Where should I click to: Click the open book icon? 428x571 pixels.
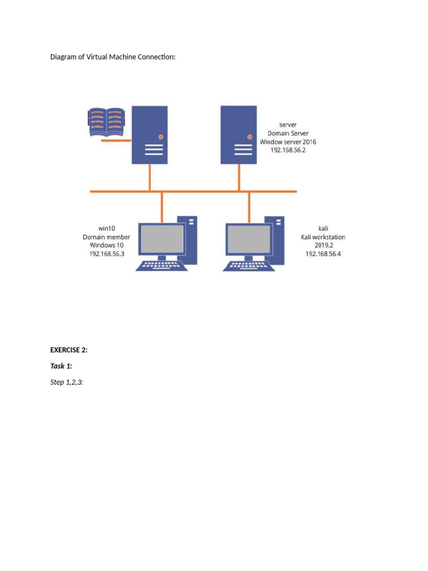(106, 123)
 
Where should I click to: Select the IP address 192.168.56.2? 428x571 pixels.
(288, 150)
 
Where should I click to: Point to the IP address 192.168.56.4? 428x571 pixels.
(323, 254)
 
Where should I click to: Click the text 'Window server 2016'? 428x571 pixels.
(288, 142)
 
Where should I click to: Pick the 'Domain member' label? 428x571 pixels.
(106, 237)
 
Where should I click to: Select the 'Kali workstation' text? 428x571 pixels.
(323, 237)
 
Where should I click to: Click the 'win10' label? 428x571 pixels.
(106, 229)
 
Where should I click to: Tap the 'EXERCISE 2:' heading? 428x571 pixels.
(69, 350)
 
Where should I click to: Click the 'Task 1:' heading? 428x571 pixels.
(61, 366)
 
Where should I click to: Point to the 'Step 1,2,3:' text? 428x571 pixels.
(67, 383)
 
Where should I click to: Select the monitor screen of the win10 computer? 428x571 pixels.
(161, 239)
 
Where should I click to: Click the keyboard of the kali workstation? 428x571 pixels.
(249, 266)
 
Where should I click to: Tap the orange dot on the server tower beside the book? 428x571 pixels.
(161, 136)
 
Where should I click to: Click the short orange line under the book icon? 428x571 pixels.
(116, 141)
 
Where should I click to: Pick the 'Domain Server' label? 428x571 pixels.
(288, 133)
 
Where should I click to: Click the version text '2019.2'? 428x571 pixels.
(323, 245)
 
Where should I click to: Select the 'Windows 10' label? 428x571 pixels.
(106, 245)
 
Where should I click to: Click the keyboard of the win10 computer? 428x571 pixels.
(162, 266)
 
